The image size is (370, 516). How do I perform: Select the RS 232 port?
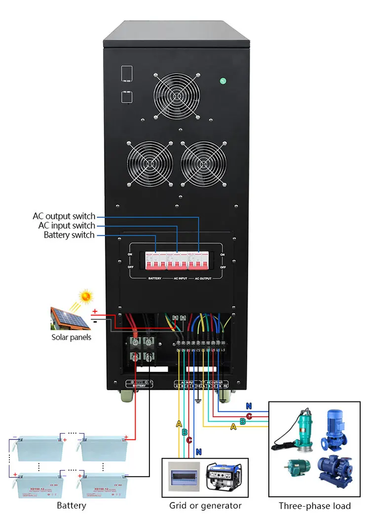[x=126, y=74]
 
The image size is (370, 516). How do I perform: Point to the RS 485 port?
[x=126, y=96]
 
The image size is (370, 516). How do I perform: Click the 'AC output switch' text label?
[x=64, y=216]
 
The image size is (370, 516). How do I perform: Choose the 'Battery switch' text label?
[x=69, y=235]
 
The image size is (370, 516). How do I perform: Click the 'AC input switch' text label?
[x=67, y=225]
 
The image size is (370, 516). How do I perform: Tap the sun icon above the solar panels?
[x=87, y=296]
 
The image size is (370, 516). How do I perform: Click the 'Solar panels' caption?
[x=72, y=337]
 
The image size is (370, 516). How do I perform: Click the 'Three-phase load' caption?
[x=315, y=506]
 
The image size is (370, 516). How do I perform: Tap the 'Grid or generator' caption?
[x=205, y=506]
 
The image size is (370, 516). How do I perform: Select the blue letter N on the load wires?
[x=249, y=406]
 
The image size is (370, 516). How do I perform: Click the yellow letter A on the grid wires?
[x=179, y=423]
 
